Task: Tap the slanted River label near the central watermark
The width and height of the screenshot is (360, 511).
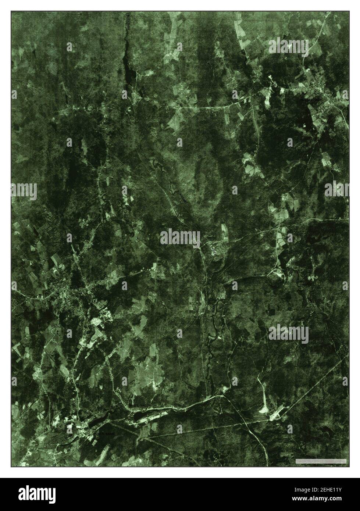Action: pos(214,251)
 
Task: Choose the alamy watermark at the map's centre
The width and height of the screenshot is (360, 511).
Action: pos(180,236)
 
